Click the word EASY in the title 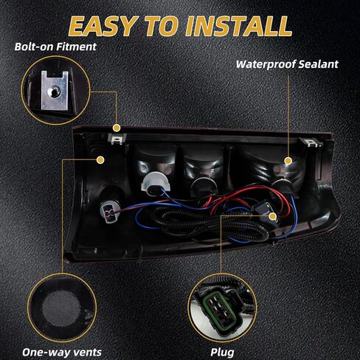point(103,27)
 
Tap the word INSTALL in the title point(239,26)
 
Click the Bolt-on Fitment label point(55,46)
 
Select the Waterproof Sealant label point(287,64)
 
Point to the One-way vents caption point(62,352)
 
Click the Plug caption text point(222,353)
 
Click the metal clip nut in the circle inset point(55,90)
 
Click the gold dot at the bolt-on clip point(117,128)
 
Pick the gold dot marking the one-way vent point(100,160)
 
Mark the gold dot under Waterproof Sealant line point(288,161)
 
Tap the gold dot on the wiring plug point(272,217)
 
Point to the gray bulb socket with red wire point(108,212)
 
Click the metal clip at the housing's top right point(311,142)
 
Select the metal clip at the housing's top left point(117,139)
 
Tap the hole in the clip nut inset point(53,91)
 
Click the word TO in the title point(162,27)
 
